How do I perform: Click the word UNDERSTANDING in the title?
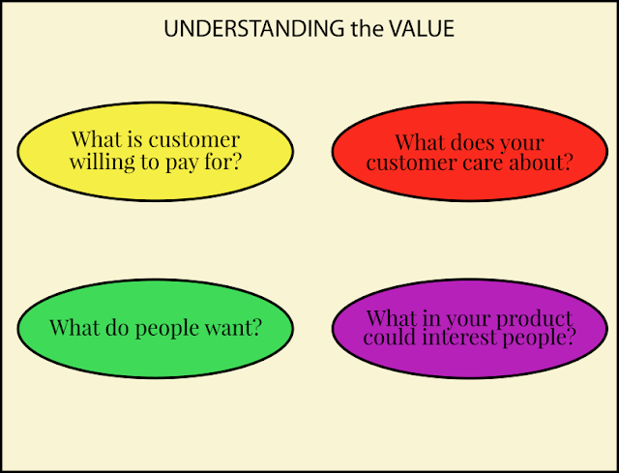253,28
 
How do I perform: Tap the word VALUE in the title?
422,28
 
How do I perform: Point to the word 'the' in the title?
367,28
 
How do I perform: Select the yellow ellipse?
155,151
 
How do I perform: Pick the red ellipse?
470,151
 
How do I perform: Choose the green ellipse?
155,329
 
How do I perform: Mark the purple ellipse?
470,329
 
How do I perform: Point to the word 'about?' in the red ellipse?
541,162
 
